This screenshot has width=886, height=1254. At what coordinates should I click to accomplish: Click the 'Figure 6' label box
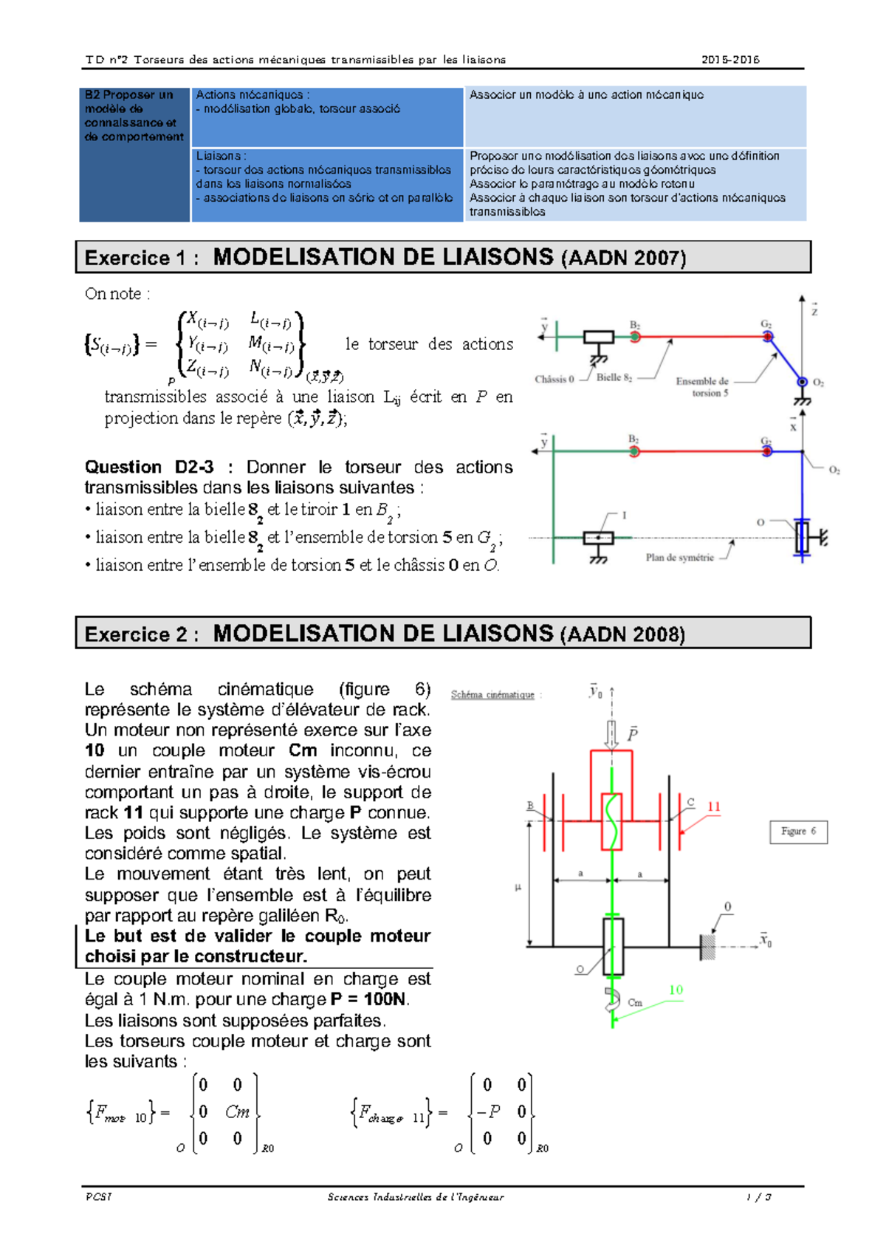[798, 832]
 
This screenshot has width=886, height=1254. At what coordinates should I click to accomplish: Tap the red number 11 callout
[714, 806]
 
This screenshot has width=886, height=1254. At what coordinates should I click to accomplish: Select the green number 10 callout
[676, 990]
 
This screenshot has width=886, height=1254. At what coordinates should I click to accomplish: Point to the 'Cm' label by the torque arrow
[635, 1002]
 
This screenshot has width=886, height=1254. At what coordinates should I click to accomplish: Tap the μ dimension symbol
[518, 887]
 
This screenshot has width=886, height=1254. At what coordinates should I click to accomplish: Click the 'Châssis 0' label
[554, 379]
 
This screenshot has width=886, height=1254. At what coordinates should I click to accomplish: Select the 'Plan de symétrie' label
[679, 557]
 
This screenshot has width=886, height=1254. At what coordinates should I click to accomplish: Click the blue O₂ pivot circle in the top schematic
[802, 382]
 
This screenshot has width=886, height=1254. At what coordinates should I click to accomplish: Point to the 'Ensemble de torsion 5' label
[702, 387]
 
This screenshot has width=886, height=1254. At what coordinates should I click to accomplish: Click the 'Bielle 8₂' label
[614, 378]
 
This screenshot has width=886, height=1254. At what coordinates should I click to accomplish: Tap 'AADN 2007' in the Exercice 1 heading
[623, 258]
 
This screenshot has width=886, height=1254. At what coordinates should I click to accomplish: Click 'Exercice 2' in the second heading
[136, 634]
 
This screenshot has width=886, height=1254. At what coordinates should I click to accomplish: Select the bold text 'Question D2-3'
[149, 467]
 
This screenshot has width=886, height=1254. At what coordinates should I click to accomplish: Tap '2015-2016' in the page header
[730, 60]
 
